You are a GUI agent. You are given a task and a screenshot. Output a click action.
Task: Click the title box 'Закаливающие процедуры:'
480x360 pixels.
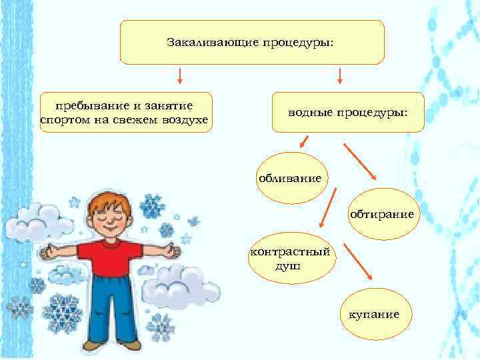[252, 42]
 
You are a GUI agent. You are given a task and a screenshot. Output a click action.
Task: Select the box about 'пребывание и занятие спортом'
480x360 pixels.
[125, 112]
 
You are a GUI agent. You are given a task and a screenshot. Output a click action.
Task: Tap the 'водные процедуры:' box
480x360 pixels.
[347, 112]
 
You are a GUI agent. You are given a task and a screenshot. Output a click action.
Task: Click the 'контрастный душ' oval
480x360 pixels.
[291, 259]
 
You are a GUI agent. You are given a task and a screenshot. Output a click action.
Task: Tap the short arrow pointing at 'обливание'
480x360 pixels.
[304, 141]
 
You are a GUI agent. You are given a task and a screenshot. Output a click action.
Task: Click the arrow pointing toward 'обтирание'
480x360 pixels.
[360, 161]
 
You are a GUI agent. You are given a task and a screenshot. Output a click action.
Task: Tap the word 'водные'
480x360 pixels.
[311, 112]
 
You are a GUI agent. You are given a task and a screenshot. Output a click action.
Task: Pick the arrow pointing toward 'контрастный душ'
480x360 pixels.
[329, 208]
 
